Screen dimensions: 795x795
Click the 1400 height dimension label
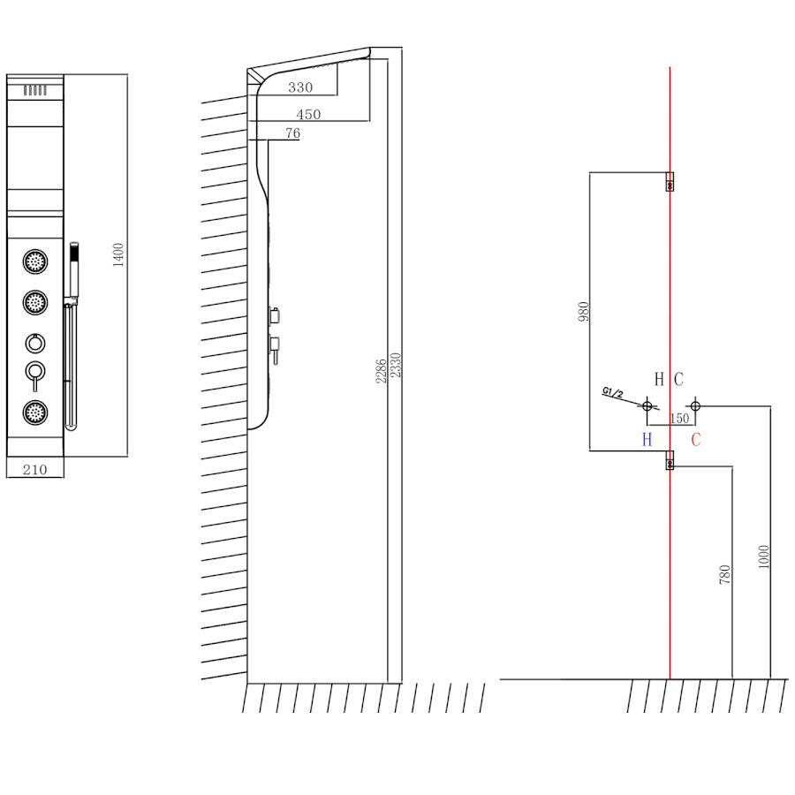[119, 254]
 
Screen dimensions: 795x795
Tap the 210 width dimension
[34, 469]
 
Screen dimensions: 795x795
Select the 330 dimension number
[300, 87]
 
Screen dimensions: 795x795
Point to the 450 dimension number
[308, 114]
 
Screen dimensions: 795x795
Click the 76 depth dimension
[292, 133]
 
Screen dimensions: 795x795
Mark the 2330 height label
[396, 366]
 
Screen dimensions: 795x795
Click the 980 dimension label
[583, 312]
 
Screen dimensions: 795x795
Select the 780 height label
[725, 575]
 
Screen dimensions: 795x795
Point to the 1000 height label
[764, 556]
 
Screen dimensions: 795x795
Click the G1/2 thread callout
[613, 392]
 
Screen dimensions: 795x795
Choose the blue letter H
[647, 439]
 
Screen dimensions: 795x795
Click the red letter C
[696, 439]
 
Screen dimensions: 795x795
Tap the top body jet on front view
[35, 261]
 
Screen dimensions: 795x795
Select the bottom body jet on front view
[35, 411]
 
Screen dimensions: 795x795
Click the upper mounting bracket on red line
[670, 181]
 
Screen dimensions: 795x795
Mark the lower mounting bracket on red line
[670, 460]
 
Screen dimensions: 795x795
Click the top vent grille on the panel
[34, 90]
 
